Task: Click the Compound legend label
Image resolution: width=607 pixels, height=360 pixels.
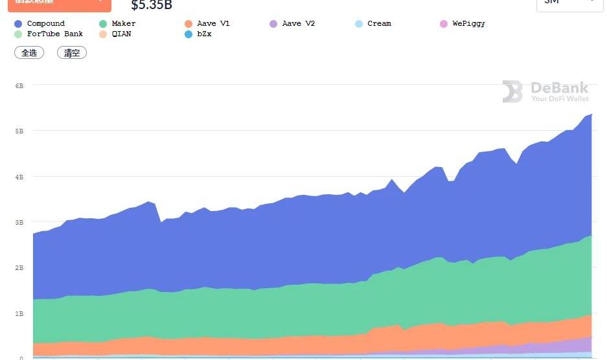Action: coord(45,23)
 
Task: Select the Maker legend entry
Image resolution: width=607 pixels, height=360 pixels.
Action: coord(123,23)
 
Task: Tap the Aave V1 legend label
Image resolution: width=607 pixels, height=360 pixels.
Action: coord(213,23)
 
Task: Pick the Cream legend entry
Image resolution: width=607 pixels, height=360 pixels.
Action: coord(379,23)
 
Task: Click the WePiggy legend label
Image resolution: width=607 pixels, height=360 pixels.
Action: coord(468,23)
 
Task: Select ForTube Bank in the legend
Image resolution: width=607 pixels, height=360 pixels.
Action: coord(55,34)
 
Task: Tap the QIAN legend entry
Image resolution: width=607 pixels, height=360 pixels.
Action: coord(121,34)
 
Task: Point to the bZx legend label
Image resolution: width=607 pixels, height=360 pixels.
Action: coord(204,34)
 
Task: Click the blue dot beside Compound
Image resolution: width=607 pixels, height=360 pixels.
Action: coord(18,24)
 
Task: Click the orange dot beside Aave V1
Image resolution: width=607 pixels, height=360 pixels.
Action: coord(188,24)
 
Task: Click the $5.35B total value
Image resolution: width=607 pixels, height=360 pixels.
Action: coord(152,6)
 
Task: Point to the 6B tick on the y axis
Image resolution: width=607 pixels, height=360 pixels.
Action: coord(19,85)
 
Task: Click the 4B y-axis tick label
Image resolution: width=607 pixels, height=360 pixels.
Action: coord(19,177)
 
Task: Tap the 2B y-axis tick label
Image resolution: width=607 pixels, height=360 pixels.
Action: coord(19,267)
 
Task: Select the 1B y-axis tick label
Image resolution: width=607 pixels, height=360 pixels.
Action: coord(19,313)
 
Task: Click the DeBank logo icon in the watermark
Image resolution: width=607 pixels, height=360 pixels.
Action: coord(512,92)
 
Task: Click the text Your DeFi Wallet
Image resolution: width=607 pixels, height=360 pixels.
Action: coord(560,99)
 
